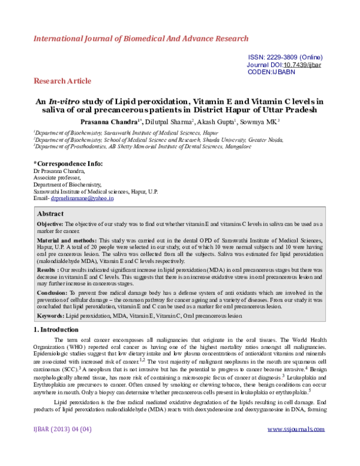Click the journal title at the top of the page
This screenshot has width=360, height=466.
140,38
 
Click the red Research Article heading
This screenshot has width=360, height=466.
62,80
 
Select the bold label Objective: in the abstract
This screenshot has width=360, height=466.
52,224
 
